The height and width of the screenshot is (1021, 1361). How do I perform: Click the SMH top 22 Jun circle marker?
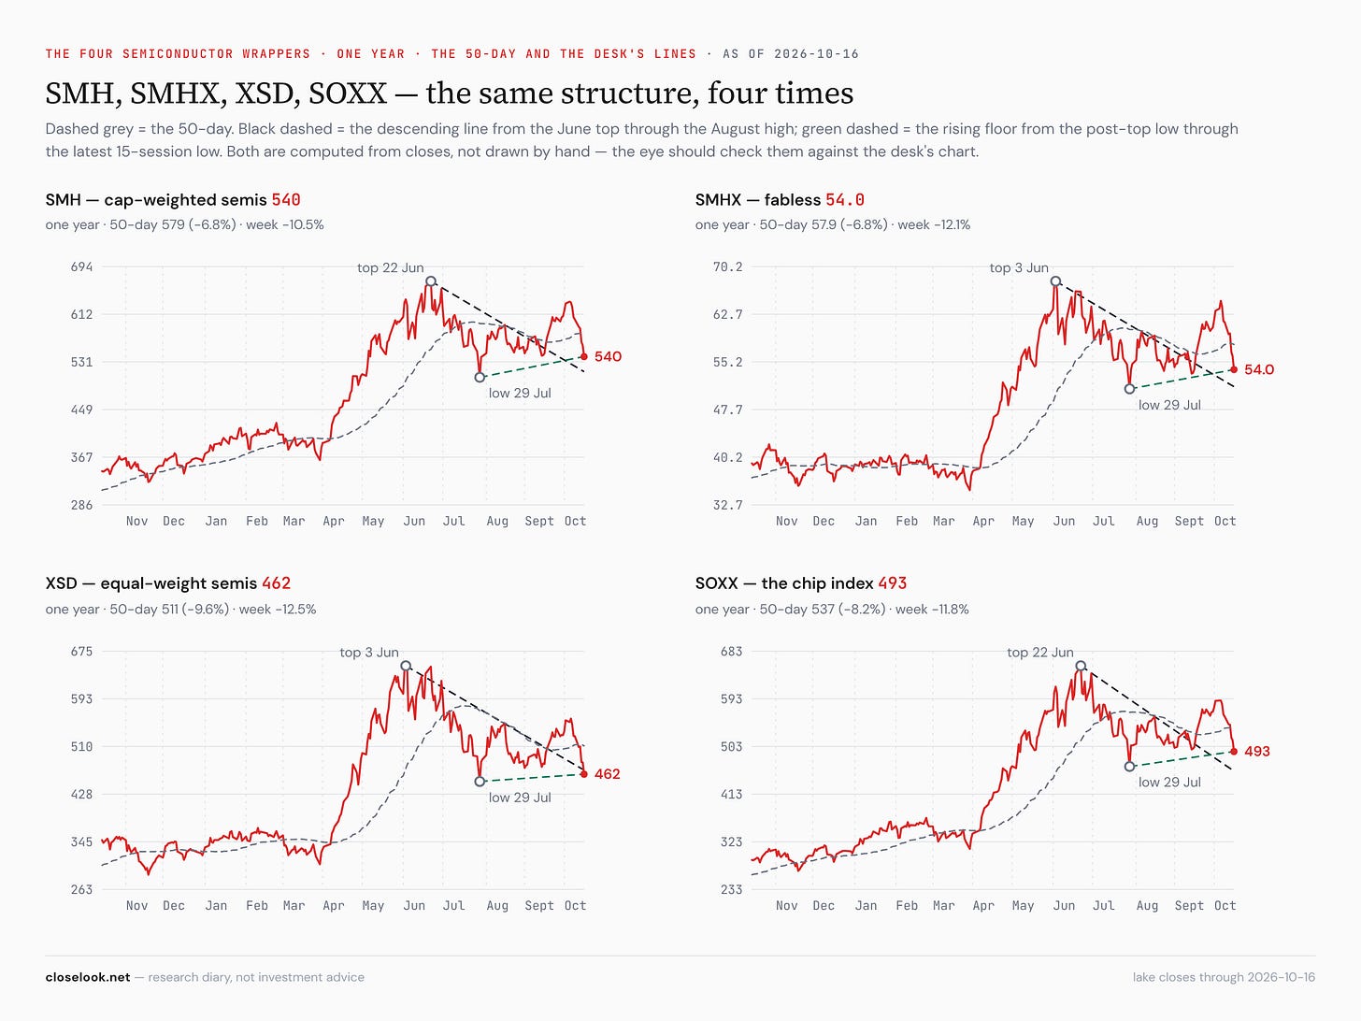click(430, 281)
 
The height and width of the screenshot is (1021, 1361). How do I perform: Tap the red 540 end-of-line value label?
click(608, 356)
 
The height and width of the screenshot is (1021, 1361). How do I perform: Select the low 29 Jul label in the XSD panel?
click(520, 798)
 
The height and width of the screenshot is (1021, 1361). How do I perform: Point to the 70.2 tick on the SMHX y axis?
click(727, 267)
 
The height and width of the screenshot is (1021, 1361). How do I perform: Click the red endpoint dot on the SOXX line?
click(1233, 752)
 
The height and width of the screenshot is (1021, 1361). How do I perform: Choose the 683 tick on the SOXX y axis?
click(731, 652)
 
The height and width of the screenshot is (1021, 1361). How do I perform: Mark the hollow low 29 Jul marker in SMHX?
click(1129, 389)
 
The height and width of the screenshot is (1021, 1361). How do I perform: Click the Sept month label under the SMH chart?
click(538, 522)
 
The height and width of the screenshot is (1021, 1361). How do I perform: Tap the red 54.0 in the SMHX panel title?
click(844, 199)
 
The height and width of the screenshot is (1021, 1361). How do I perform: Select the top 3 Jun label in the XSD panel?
click(369, 653)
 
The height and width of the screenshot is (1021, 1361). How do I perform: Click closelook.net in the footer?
click(88, 978)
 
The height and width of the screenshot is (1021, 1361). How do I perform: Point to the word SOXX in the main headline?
click(347, 93)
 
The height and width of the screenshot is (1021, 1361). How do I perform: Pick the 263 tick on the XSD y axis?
click(81, 889)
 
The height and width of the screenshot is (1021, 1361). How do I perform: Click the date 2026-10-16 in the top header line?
click(816, 54)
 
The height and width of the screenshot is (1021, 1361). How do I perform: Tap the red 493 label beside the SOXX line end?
click(1257, 752)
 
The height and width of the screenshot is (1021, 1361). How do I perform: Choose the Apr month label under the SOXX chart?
click(983, 906)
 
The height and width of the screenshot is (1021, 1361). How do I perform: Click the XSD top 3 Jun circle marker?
click(406, 666)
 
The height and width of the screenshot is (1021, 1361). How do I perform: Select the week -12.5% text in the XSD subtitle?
click(278, 610)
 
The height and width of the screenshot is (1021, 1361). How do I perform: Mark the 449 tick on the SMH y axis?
click(81, 410)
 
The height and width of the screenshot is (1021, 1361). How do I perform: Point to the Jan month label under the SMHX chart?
click(866, 522)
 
